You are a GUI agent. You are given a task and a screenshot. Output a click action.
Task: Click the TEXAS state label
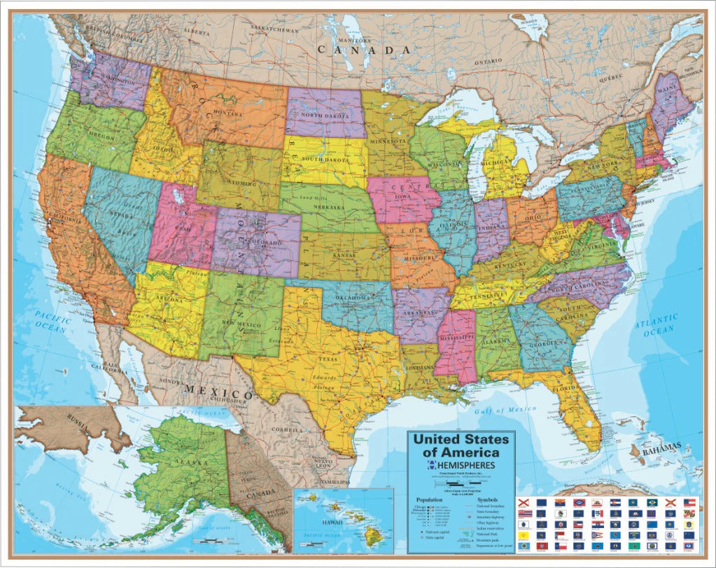tap(328, 358)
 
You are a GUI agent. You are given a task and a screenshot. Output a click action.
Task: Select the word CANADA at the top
tap(364, 50)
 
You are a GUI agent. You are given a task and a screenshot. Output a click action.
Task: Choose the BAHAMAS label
tap(661, 446)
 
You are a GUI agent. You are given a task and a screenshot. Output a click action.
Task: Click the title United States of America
tap(461, 445)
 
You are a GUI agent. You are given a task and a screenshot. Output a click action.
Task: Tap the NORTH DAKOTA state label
tap(327, 116)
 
